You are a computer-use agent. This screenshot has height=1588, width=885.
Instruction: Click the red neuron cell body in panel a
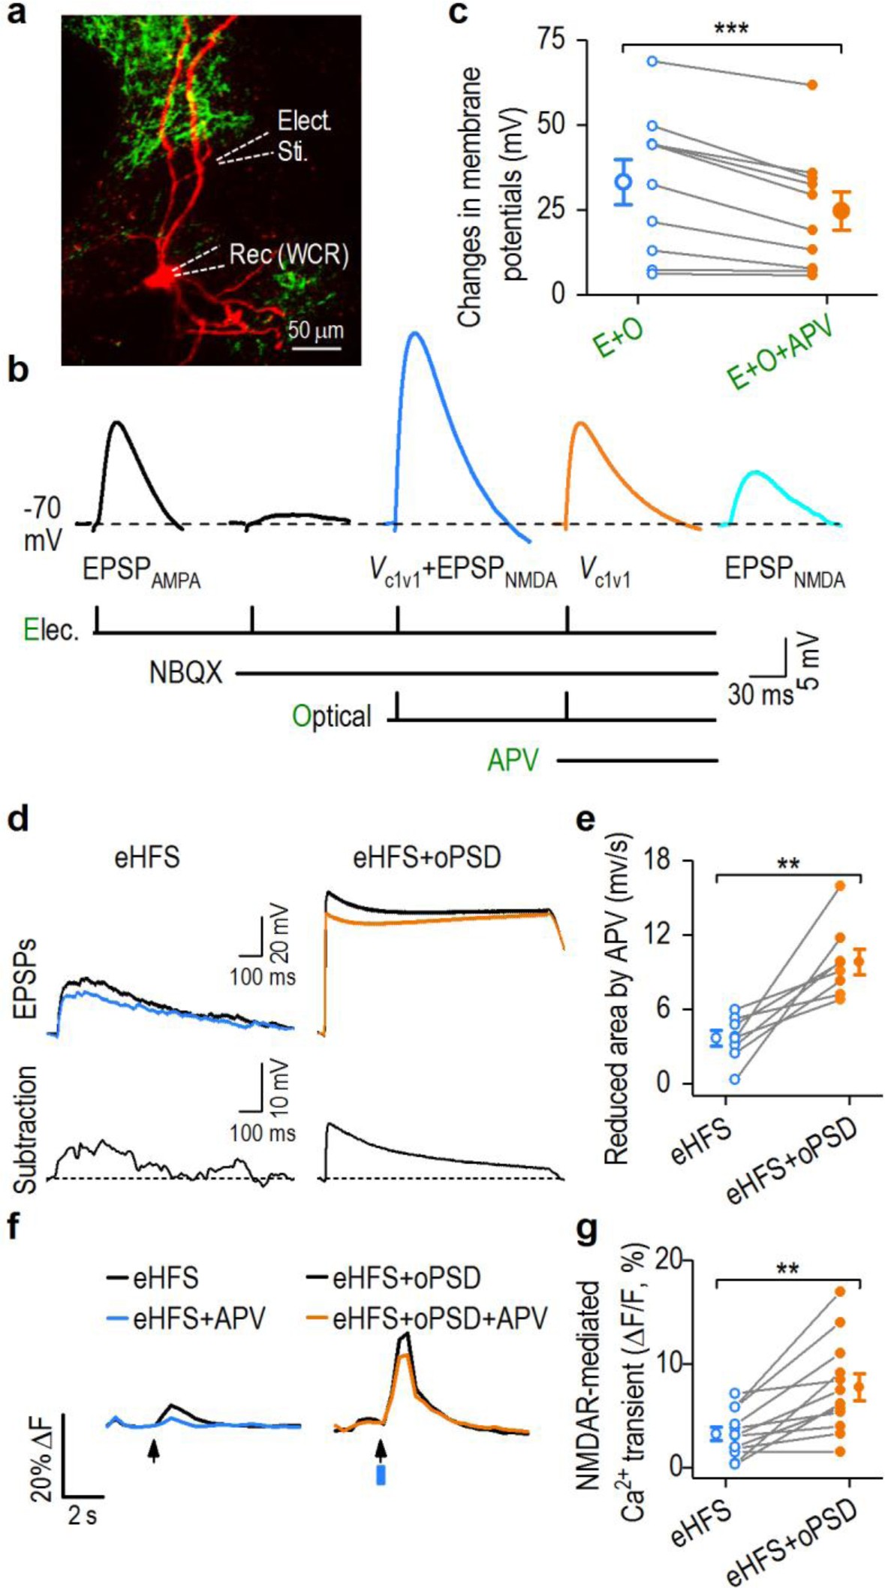[158, 279]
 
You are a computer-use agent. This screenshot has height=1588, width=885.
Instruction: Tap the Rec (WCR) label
[289, 255]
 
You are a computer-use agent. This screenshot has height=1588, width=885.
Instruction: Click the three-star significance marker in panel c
[730, 30]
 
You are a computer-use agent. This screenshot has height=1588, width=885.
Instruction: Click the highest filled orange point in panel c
[812, 85]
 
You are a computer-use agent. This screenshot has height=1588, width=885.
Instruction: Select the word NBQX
[185, 673]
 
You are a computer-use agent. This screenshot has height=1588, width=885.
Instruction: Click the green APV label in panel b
[513, 761]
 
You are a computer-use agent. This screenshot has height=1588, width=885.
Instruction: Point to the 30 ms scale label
[760, 695]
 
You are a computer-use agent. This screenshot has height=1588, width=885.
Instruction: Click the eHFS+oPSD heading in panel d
[426, 857]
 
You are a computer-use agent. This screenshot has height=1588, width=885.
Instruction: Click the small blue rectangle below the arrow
[381, 1475]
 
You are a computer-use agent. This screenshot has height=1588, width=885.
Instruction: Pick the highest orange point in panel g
[840, 1291]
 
